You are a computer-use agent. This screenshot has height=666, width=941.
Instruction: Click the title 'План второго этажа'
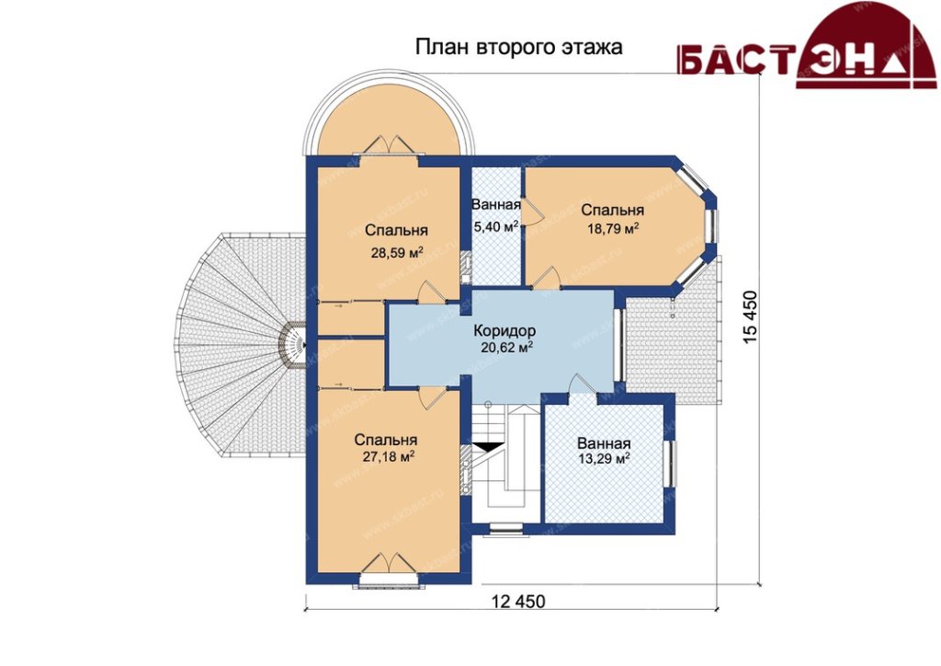tap(518, 48)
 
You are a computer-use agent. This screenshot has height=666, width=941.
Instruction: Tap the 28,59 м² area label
tap(397, 252)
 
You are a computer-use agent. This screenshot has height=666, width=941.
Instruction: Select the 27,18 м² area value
tap(389, 456)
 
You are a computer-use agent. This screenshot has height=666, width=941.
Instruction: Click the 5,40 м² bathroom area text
tap(495, 227)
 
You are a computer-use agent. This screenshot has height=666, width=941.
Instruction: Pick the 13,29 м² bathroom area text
tap(603, 459)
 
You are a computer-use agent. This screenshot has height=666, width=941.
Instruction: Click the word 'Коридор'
tap(505, 330)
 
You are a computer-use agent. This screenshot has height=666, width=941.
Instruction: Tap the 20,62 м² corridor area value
tap(507, 347)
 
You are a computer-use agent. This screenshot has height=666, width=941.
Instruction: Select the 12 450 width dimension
tap(518, 601)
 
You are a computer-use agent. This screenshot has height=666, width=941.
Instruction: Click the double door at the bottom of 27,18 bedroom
tap(390, 564)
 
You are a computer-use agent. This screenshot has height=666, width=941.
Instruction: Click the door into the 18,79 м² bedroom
tap(547, 278)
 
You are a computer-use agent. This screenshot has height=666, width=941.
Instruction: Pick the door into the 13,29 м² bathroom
tap(581, 384)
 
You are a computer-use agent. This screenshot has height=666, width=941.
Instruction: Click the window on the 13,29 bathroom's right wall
tap(670, 464)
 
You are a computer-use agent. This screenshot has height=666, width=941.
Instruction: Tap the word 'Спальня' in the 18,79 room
tap(613, 211)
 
